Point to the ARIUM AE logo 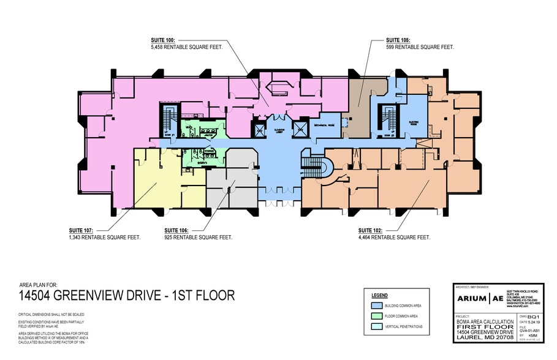click(482, 298)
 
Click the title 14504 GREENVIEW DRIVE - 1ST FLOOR click(127, 296)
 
